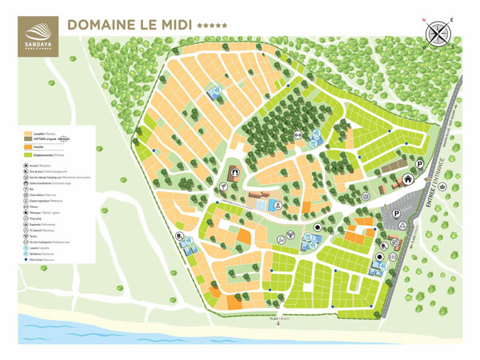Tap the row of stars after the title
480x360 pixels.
tap(213, 26)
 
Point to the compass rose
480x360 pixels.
tap(438, 34)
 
